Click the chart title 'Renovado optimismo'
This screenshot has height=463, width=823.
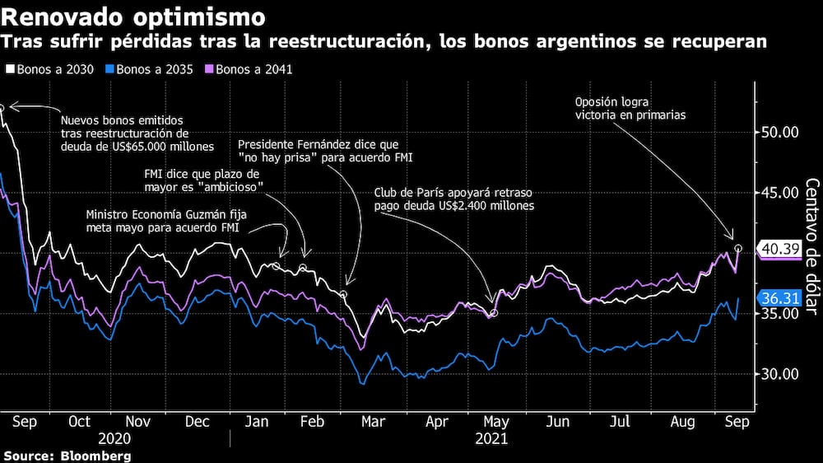coord(133,16)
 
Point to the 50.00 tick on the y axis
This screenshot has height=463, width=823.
coord(779,132)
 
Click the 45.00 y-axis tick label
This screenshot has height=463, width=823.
coord(779,193)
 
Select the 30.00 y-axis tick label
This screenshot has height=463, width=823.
coord(779,374)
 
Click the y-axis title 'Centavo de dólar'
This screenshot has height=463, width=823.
coord(811,247)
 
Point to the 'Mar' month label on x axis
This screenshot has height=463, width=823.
coord(374,421)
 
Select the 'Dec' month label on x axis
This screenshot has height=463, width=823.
coord(197,421)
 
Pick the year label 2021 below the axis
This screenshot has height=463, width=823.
coord(491,438)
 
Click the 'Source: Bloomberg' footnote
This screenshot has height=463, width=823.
coord(67,456)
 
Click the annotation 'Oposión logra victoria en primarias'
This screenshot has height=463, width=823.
coord(630,109)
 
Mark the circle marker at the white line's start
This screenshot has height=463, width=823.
coord(2,107)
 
